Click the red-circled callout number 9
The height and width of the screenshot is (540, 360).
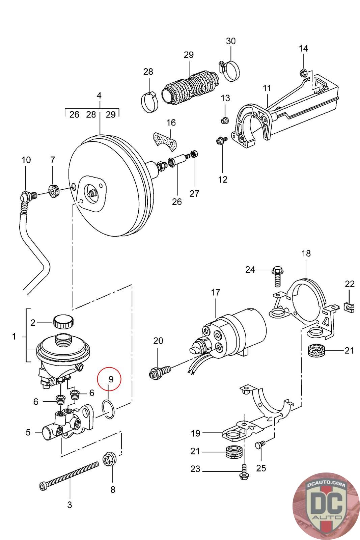click(x=111, y=379)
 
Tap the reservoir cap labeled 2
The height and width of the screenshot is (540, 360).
click(x=63, y=321)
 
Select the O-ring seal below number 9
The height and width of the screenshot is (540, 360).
click(x=108, y=409)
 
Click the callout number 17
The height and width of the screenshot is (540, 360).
click(x=215, y=292)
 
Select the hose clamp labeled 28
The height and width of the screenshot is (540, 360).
click(x=149, y=102)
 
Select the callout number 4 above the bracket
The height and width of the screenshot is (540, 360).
click(x=99, y=96)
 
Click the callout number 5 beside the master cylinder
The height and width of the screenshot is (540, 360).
click(x=28, y=432)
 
